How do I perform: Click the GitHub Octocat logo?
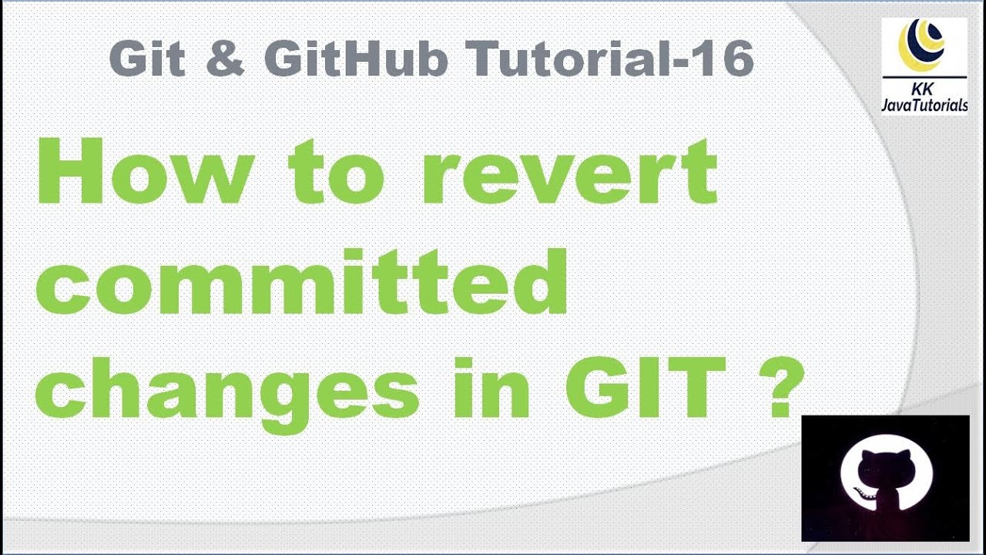pyautogui.click(x=886, y=478)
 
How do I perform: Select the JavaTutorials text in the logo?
pyautogui.click(x=924, y=106)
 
